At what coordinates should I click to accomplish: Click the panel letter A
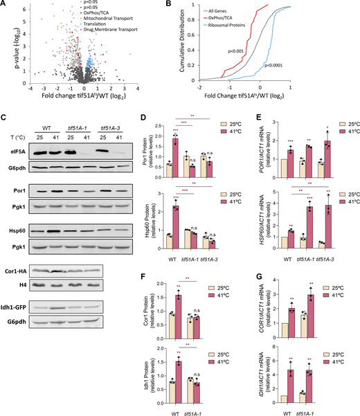[x=6, y=6]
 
